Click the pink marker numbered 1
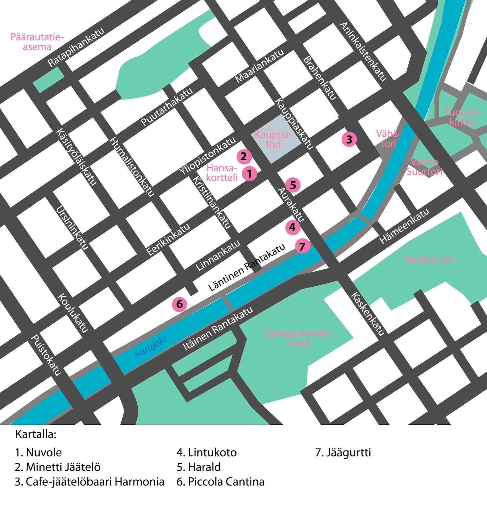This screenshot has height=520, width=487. click(250, 174)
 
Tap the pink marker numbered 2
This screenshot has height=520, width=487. click(244, 157)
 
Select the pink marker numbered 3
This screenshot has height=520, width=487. click(349, 139)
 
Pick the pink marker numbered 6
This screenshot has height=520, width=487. click(180, 304)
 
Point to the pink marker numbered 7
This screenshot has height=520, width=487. click(302, 247)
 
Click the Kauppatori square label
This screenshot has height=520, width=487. click(273, 139)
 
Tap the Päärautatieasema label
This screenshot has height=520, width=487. click(37, 42)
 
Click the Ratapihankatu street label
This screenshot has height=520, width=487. click(76, 47)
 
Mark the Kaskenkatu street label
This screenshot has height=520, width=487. click(368, 313)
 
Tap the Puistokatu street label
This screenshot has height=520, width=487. click(46, 355)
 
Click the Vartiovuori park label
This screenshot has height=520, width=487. click(429, 259)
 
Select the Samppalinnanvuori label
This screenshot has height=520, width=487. click(299, 338)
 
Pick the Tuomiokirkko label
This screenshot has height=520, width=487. click(463, 117)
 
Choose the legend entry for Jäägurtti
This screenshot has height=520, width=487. click(343, 452)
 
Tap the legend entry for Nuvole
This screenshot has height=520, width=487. click(38, 452)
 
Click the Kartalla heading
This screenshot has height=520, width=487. click(36, 434)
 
